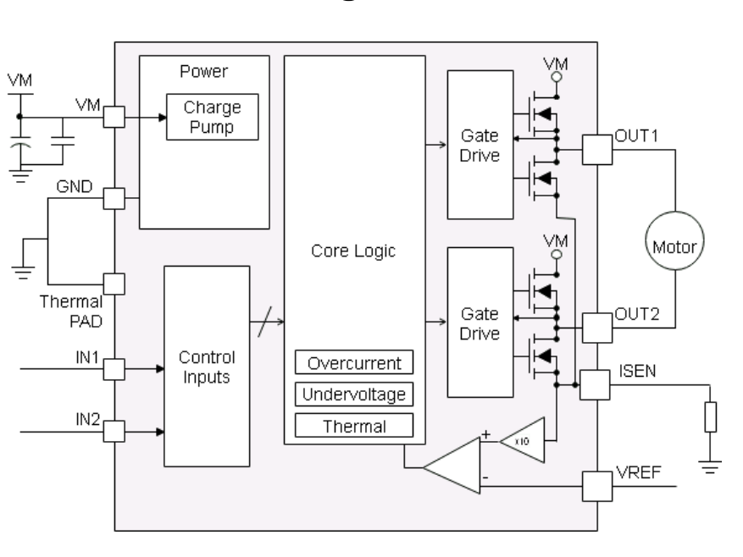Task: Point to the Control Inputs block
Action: coord(206,366)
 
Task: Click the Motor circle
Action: coord(674,247)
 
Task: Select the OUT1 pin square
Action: coord(597,151)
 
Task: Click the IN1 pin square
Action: coord(113,369)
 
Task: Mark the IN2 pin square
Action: coord(113,431)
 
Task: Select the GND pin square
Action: coord(113,200)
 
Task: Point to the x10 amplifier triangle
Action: coord(519,440)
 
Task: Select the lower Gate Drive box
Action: coord(480,322)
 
